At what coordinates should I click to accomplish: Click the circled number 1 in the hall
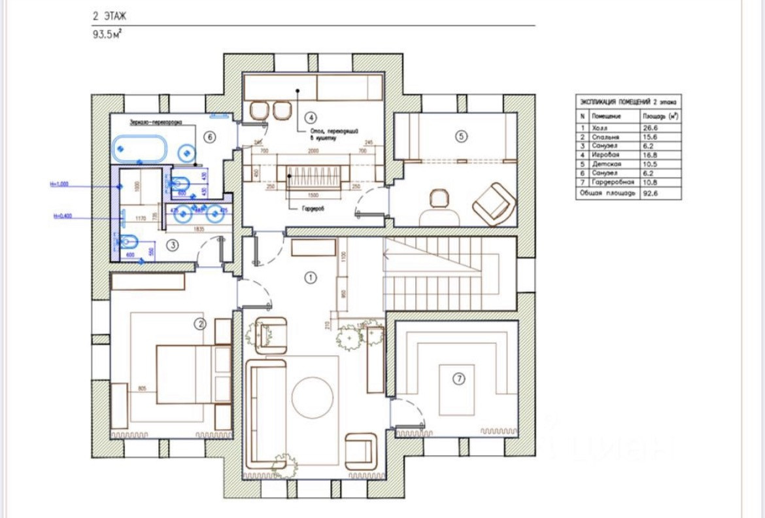tap(311, 277)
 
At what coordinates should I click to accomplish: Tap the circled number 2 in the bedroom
tap(201, 322)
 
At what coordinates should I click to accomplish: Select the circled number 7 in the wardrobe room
tap(459, 377)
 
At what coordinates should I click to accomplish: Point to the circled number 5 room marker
tap(461, 136)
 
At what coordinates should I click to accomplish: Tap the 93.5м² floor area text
tap(107, 35)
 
